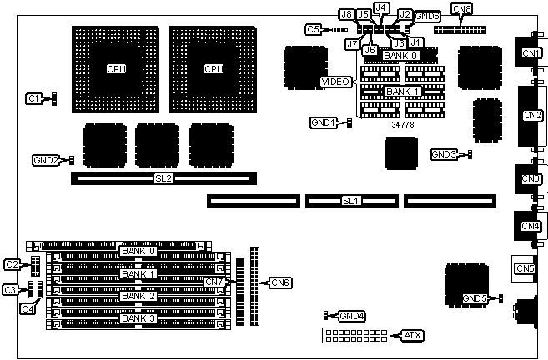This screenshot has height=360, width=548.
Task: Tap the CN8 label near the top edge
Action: pyautogui.click(x=461, y=9)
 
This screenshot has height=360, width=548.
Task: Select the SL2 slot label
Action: pyautogui.click(x=163, y=178)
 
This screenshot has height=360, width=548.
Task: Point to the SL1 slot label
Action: pyautogui.click(x=350, y=201)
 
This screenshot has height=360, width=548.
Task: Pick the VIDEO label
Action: pyautogui.click(x=336, y=82)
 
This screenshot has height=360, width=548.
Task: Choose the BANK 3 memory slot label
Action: pyautogui.click(x=138, y=318)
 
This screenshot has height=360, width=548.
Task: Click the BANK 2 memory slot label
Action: pyautogui.click(x=138, y=296)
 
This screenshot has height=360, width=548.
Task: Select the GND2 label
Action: pyautogui.click(x=46, y=159)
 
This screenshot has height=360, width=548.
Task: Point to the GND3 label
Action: pyautogui.click(x=444, y=154)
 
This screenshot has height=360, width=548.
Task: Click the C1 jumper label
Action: pyautogui.click(x=33, y=98)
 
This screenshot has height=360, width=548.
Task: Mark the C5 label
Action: pyautogui.click(x=313, y=29)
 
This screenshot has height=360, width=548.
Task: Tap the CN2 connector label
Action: pyautogui.click(x=531, y=115)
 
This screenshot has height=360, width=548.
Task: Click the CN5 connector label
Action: pyautogui.click(x=525, y=268)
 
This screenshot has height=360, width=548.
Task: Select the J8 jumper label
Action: pyautogui.click(x=345, y=14)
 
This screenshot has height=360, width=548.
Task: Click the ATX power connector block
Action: pyautogui.click(x=354, y=335)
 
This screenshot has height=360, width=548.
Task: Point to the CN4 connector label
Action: pyautogui.click(x=530, y=226)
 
